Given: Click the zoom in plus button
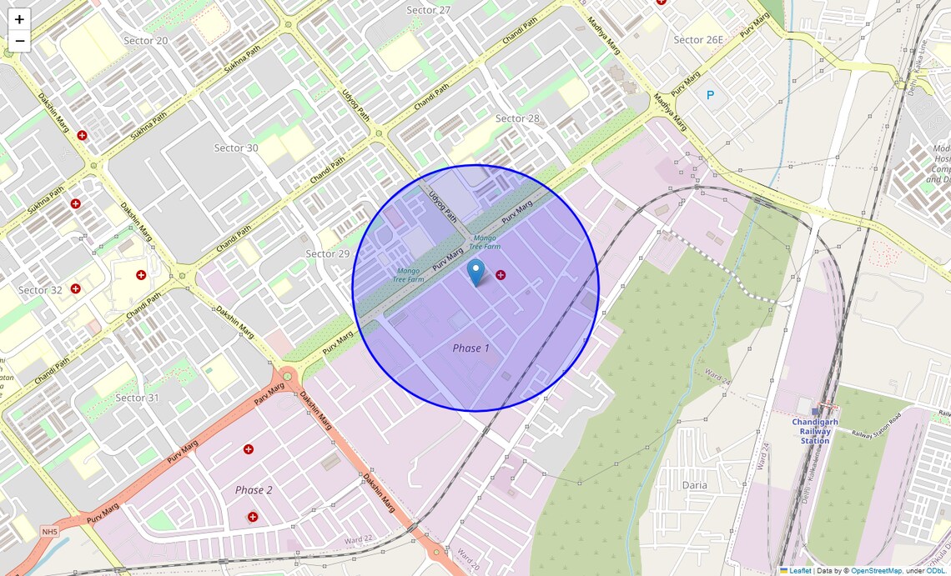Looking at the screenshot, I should click(x=19, y=19).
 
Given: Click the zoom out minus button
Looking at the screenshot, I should click(x=19, y=41).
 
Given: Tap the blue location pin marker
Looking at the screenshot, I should click(x=475, y=272).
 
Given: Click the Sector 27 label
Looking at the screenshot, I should click(x=428, y=10).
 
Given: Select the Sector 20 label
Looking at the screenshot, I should click(x=145, y=40).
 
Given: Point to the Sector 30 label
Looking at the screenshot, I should click(x=236, y=148).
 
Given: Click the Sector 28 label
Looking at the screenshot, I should click(x=517, y=118).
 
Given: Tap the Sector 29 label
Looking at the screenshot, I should click(x=327, y=253).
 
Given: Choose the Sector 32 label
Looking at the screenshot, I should click(x=40, y=290).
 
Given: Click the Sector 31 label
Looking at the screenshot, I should click(x=137, y=398).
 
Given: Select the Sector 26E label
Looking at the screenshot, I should click(x=698, y=39).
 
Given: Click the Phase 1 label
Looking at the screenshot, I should click(x=471, y=348).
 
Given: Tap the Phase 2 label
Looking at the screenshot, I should click(x=254, y=489).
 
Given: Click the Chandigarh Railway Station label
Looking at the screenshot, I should click(x=815, y=431).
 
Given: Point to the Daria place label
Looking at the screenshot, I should click(x=694, y=484).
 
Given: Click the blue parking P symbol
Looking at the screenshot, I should click(x=711, y=95).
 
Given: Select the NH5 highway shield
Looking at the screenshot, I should click(x=50, y=532).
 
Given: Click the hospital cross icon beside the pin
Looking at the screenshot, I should click(x=501, y=275).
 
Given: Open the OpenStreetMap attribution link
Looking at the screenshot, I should click(x=876, y=571).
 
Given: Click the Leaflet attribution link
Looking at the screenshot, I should click(x=799, y=571).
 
